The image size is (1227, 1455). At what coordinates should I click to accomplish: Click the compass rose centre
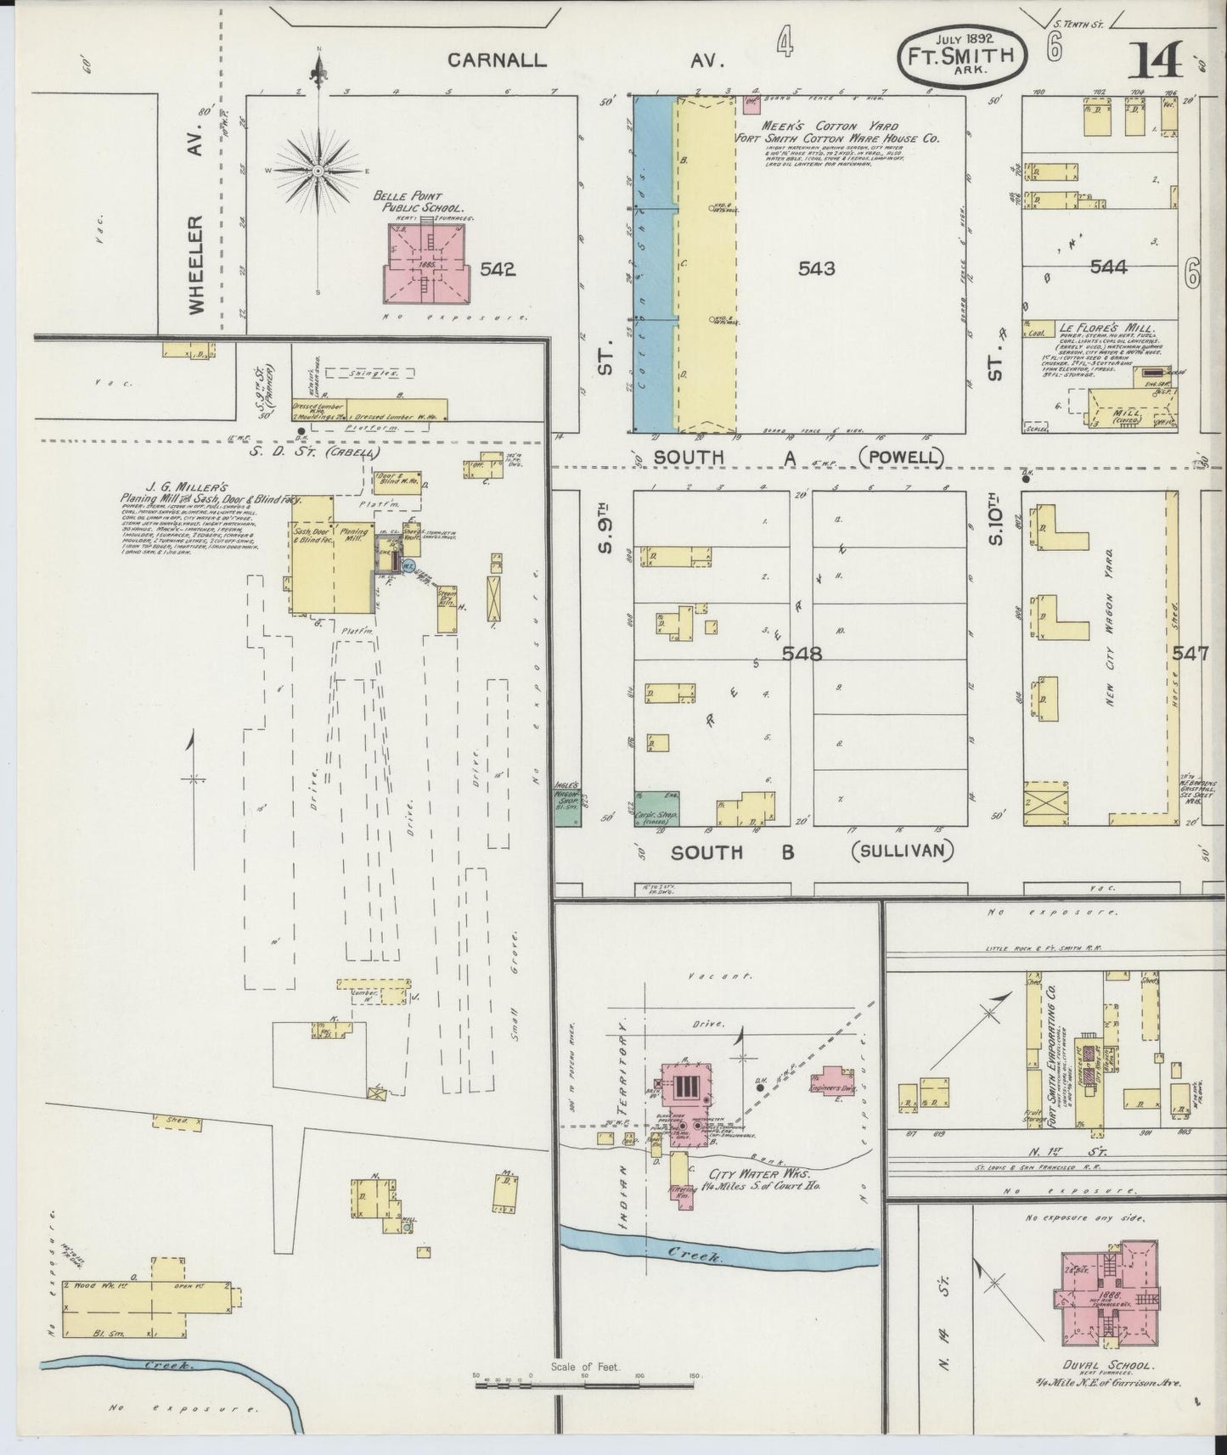click(318, 171)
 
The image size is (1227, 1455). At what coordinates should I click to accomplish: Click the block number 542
click(497, 270)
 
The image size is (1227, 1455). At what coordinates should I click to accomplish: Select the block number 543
click(816, 269)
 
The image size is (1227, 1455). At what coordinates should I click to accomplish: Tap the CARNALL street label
click(497, 60)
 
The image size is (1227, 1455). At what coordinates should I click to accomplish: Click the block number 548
click(803, 654)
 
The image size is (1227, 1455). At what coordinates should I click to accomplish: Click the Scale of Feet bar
click(586, 1386)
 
